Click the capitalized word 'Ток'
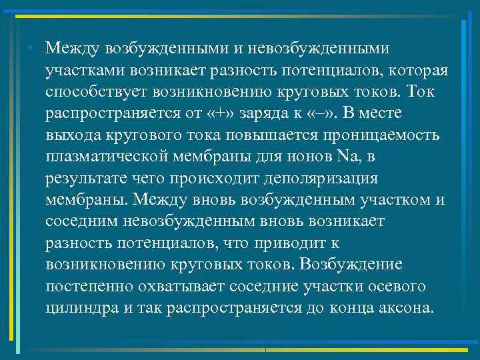(421, 93)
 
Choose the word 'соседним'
(83, 223)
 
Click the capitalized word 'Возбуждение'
(351, 265)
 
